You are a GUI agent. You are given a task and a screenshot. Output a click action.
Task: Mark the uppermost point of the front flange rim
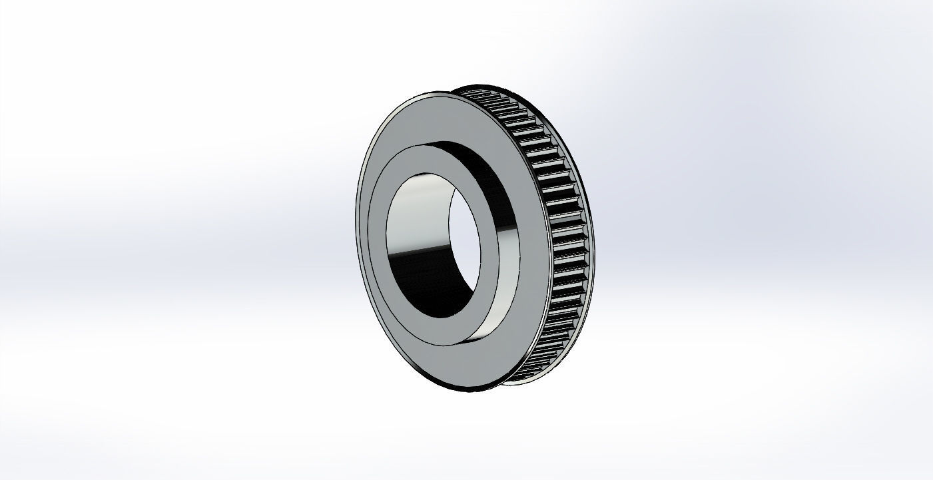click(x=426, y=92)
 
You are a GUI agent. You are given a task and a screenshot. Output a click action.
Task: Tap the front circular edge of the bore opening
click(x=388, y=253)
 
